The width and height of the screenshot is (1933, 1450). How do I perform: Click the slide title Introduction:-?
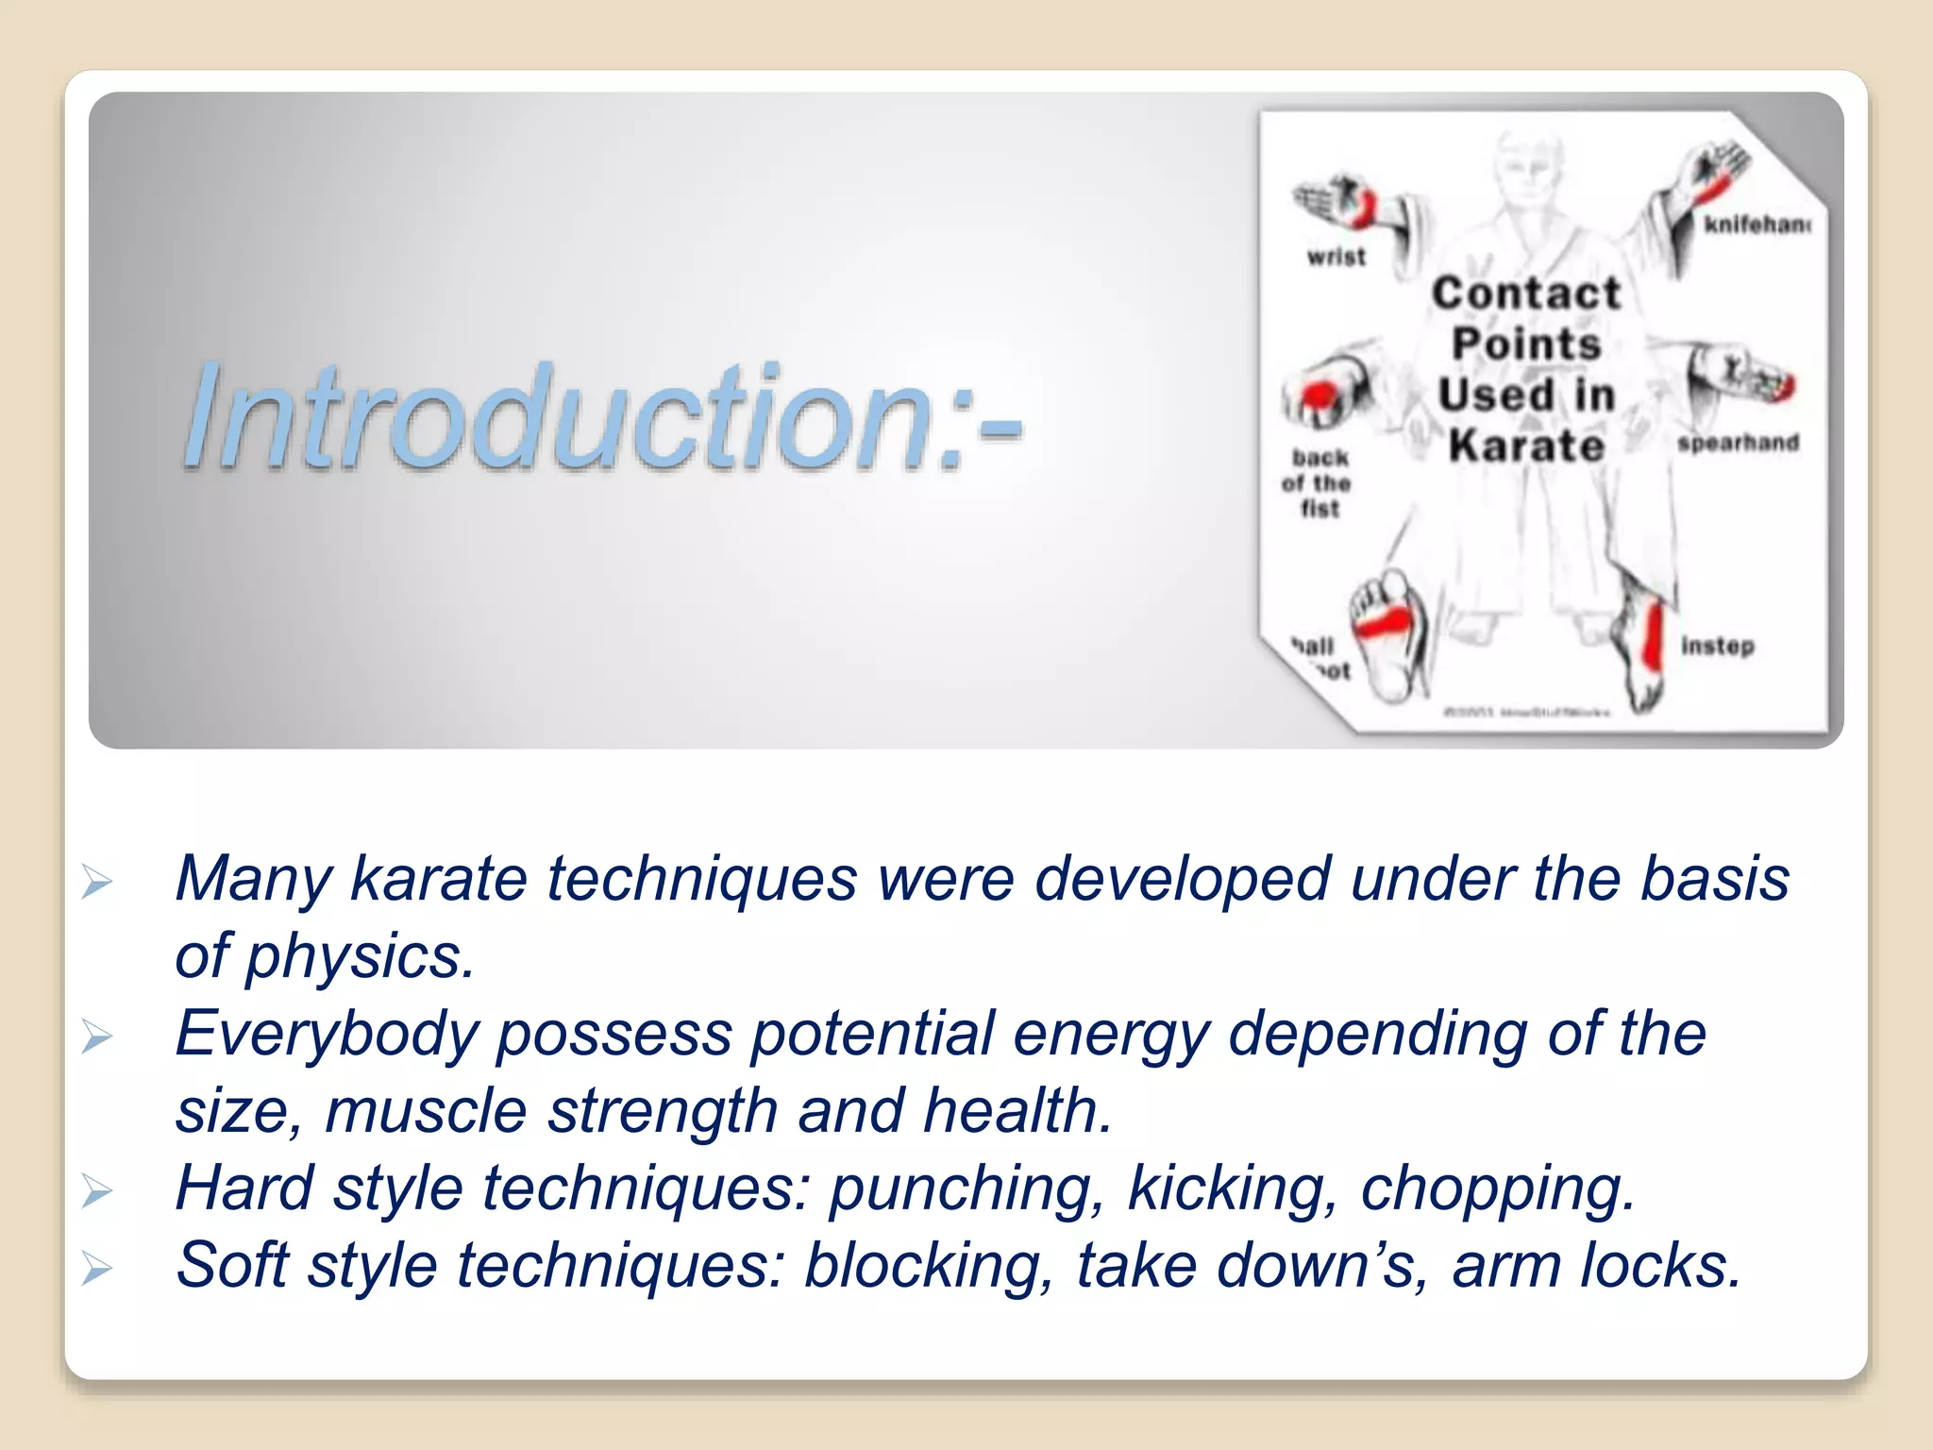coord(601,416)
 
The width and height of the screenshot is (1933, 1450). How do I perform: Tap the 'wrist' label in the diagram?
coord(1336,257)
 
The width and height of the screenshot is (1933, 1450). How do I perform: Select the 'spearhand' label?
coord(1738,443)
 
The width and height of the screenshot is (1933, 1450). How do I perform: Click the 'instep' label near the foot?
coord(1717,647)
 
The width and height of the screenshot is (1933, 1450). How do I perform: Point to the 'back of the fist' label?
coord(1318,483)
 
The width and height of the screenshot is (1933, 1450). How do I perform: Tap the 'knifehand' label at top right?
coord(1756,225)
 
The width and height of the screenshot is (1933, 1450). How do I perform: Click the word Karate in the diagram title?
coord(1526,446)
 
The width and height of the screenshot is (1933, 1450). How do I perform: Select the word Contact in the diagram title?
coord(1526,294)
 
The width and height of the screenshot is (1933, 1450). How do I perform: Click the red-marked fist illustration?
coord(1326,389)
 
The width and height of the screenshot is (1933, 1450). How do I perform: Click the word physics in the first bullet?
coord(359,956)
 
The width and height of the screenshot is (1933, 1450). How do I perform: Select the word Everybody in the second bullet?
coord(327,1034)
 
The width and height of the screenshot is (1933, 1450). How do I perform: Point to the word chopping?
coord(1497,1188)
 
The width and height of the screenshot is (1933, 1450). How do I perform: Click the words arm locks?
coord(1595,1265)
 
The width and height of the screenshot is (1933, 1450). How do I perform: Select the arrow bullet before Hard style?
coord(97,1191)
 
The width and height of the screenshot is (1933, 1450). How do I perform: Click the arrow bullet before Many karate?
coord(97,882)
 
